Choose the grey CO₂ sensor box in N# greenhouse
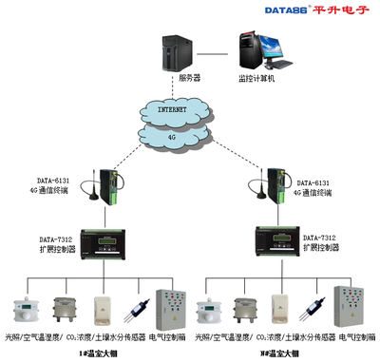tap(250, 309)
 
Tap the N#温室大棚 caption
tap(280, 353)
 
